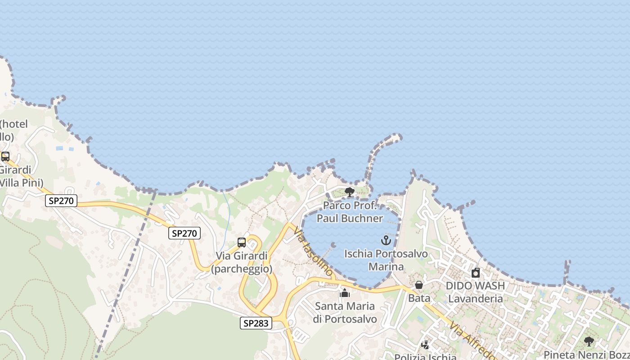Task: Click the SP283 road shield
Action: pos(256,323)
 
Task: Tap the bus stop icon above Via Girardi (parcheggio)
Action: pos(242,243)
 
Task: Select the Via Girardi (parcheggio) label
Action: pos(242,262)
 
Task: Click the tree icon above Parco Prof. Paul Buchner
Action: pos(349,192)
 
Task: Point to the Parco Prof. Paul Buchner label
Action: pos(350,212)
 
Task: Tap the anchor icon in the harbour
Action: pos(386,240)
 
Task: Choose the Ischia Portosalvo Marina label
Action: pos(386,260)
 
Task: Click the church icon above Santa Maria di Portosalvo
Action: pos(345,293)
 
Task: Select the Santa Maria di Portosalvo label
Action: pos(345,313)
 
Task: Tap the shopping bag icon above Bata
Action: pos(419,285)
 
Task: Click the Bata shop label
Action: pos(419,298)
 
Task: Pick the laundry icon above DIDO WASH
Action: pos(476,273)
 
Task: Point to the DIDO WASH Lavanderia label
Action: pos(476,292)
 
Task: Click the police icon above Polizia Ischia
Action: pos(425,345)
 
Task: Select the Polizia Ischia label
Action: pos(425,357)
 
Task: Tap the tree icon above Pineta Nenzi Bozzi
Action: pos(589,342)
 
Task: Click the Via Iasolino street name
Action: pos(314,252)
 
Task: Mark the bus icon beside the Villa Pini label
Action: pos(5,157)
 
